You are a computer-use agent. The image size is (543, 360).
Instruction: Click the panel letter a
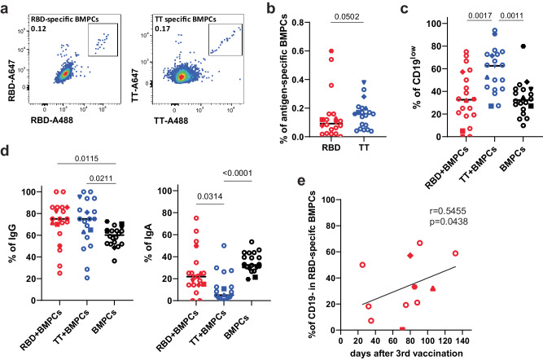click(6, 7)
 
